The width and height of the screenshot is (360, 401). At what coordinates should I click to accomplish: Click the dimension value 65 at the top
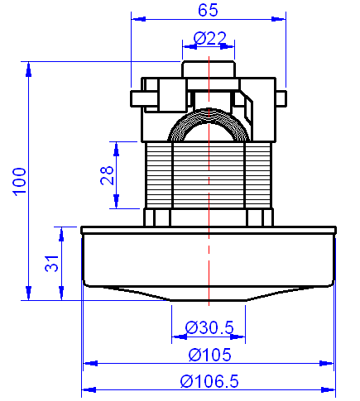[x=208, y=11]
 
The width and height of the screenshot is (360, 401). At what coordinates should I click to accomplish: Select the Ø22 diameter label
[x=209, y=38]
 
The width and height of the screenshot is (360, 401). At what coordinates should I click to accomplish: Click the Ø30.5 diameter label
[x=209, y=327]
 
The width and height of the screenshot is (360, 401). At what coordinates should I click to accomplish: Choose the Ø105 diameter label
[x=209, y=355]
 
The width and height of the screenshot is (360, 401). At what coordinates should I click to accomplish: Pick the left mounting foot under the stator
[x=157, y=217]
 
